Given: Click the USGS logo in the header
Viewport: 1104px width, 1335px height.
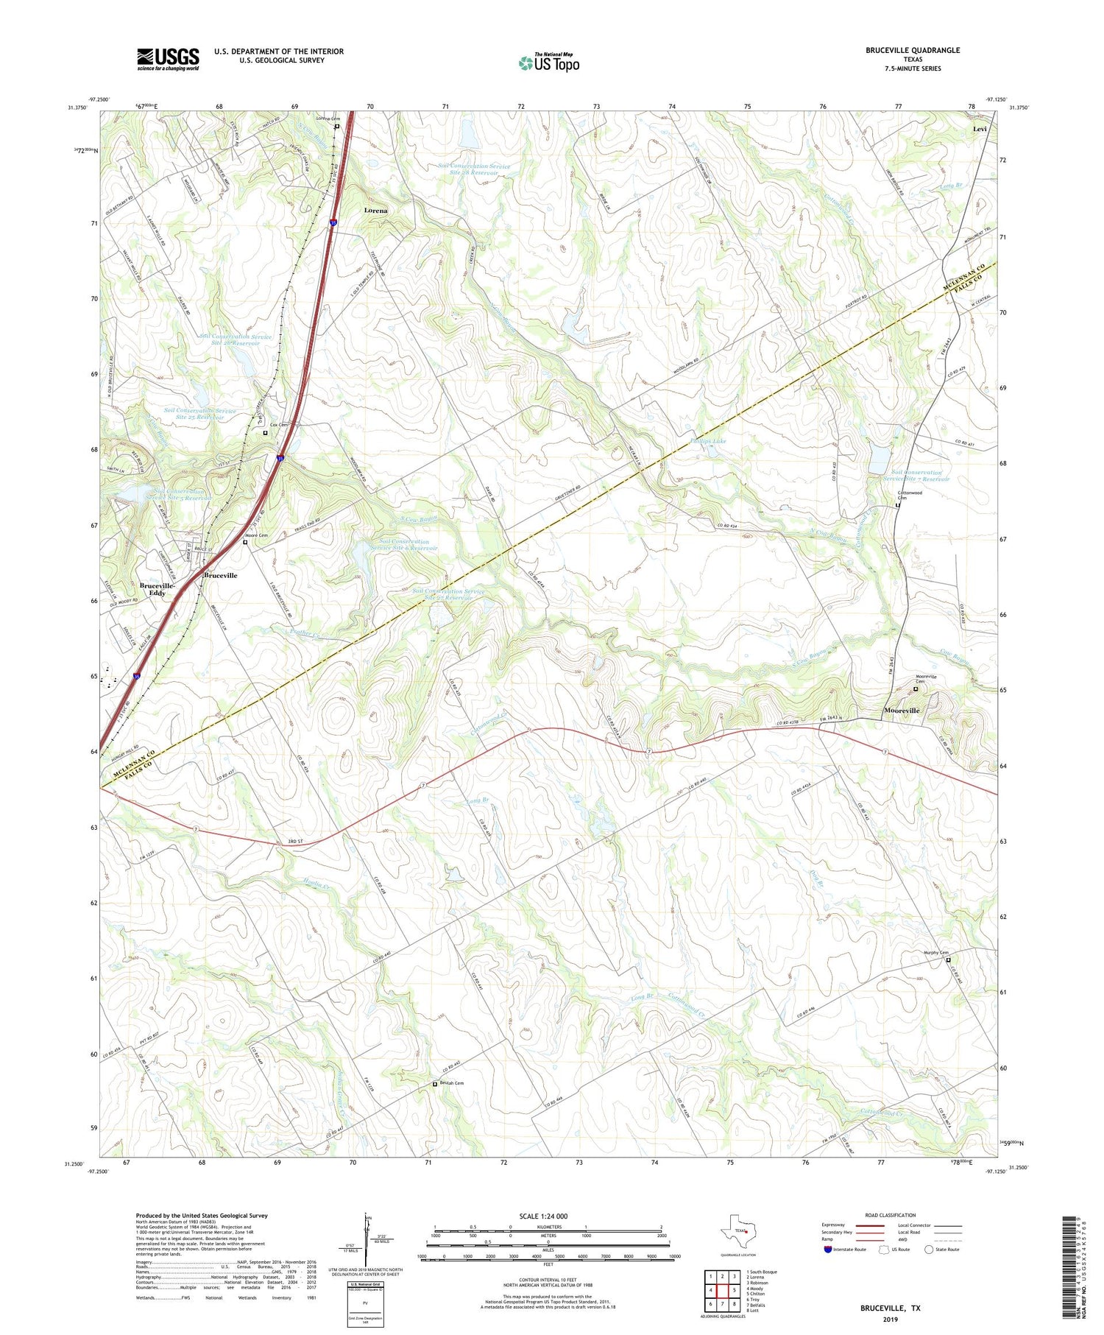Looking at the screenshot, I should (168, 59).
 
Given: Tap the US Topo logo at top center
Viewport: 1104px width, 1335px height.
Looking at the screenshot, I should (548, 63).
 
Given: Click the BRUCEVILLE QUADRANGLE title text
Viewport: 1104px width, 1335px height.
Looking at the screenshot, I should (913, 50).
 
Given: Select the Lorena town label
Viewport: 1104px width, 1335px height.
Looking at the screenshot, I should (375, 211).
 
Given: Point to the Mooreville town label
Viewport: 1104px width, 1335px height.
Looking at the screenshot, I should (901, 711).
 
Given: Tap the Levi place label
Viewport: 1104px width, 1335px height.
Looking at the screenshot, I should (980, 129).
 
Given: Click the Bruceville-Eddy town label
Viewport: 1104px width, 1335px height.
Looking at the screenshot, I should (157, 589).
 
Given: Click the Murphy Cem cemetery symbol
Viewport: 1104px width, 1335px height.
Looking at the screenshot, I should (948, 960).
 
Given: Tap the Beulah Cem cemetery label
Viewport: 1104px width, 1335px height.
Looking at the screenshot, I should (451, 1083).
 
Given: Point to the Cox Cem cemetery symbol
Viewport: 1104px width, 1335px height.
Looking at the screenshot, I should (266, 433).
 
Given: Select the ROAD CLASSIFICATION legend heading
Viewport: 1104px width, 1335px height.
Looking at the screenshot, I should (891, 1215).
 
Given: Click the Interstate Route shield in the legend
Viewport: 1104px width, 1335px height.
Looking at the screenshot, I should (828, 1250).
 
